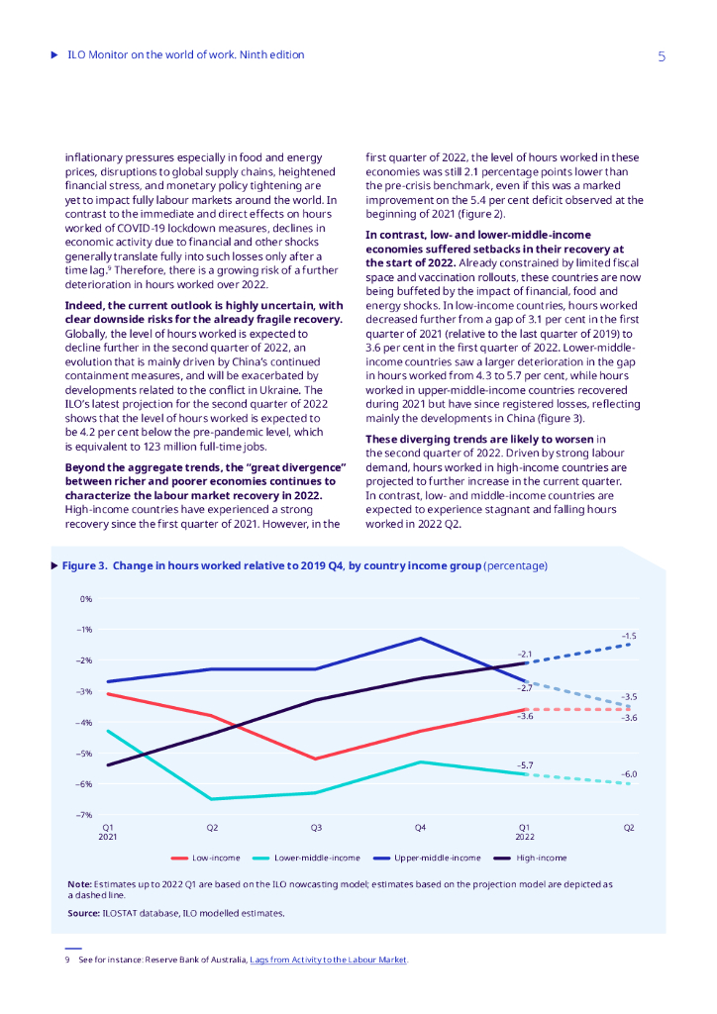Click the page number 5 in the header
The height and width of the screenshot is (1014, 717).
pos(662,56)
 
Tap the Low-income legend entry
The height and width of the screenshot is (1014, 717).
pos(207,858)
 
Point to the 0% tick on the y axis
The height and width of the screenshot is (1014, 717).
pos(86,599)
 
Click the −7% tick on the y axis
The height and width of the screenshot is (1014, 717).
pos(84,815)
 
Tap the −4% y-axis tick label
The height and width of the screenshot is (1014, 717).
pos(84,723)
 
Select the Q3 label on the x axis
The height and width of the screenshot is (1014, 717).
pos(316,827)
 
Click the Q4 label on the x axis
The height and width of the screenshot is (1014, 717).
pos(420,827)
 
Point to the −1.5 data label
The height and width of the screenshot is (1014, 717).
pos(629,636)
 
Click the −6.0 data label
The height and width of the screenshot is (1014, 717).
pos(629,774)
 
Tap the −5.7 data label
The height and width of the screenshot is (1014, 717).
pos(525,765)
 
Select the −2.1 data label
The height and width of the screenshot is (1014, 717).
pos(525,654)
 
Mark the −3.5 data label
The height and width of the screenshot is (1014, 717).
pos(629,697)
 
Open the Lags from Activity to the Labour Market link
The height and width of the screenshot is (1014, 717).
pos(328,960)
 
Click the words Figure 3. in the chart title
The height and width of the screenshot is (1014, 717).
pos(84,566)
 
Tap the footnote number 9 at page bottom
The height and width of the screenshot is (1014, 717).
pos(66,960)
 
